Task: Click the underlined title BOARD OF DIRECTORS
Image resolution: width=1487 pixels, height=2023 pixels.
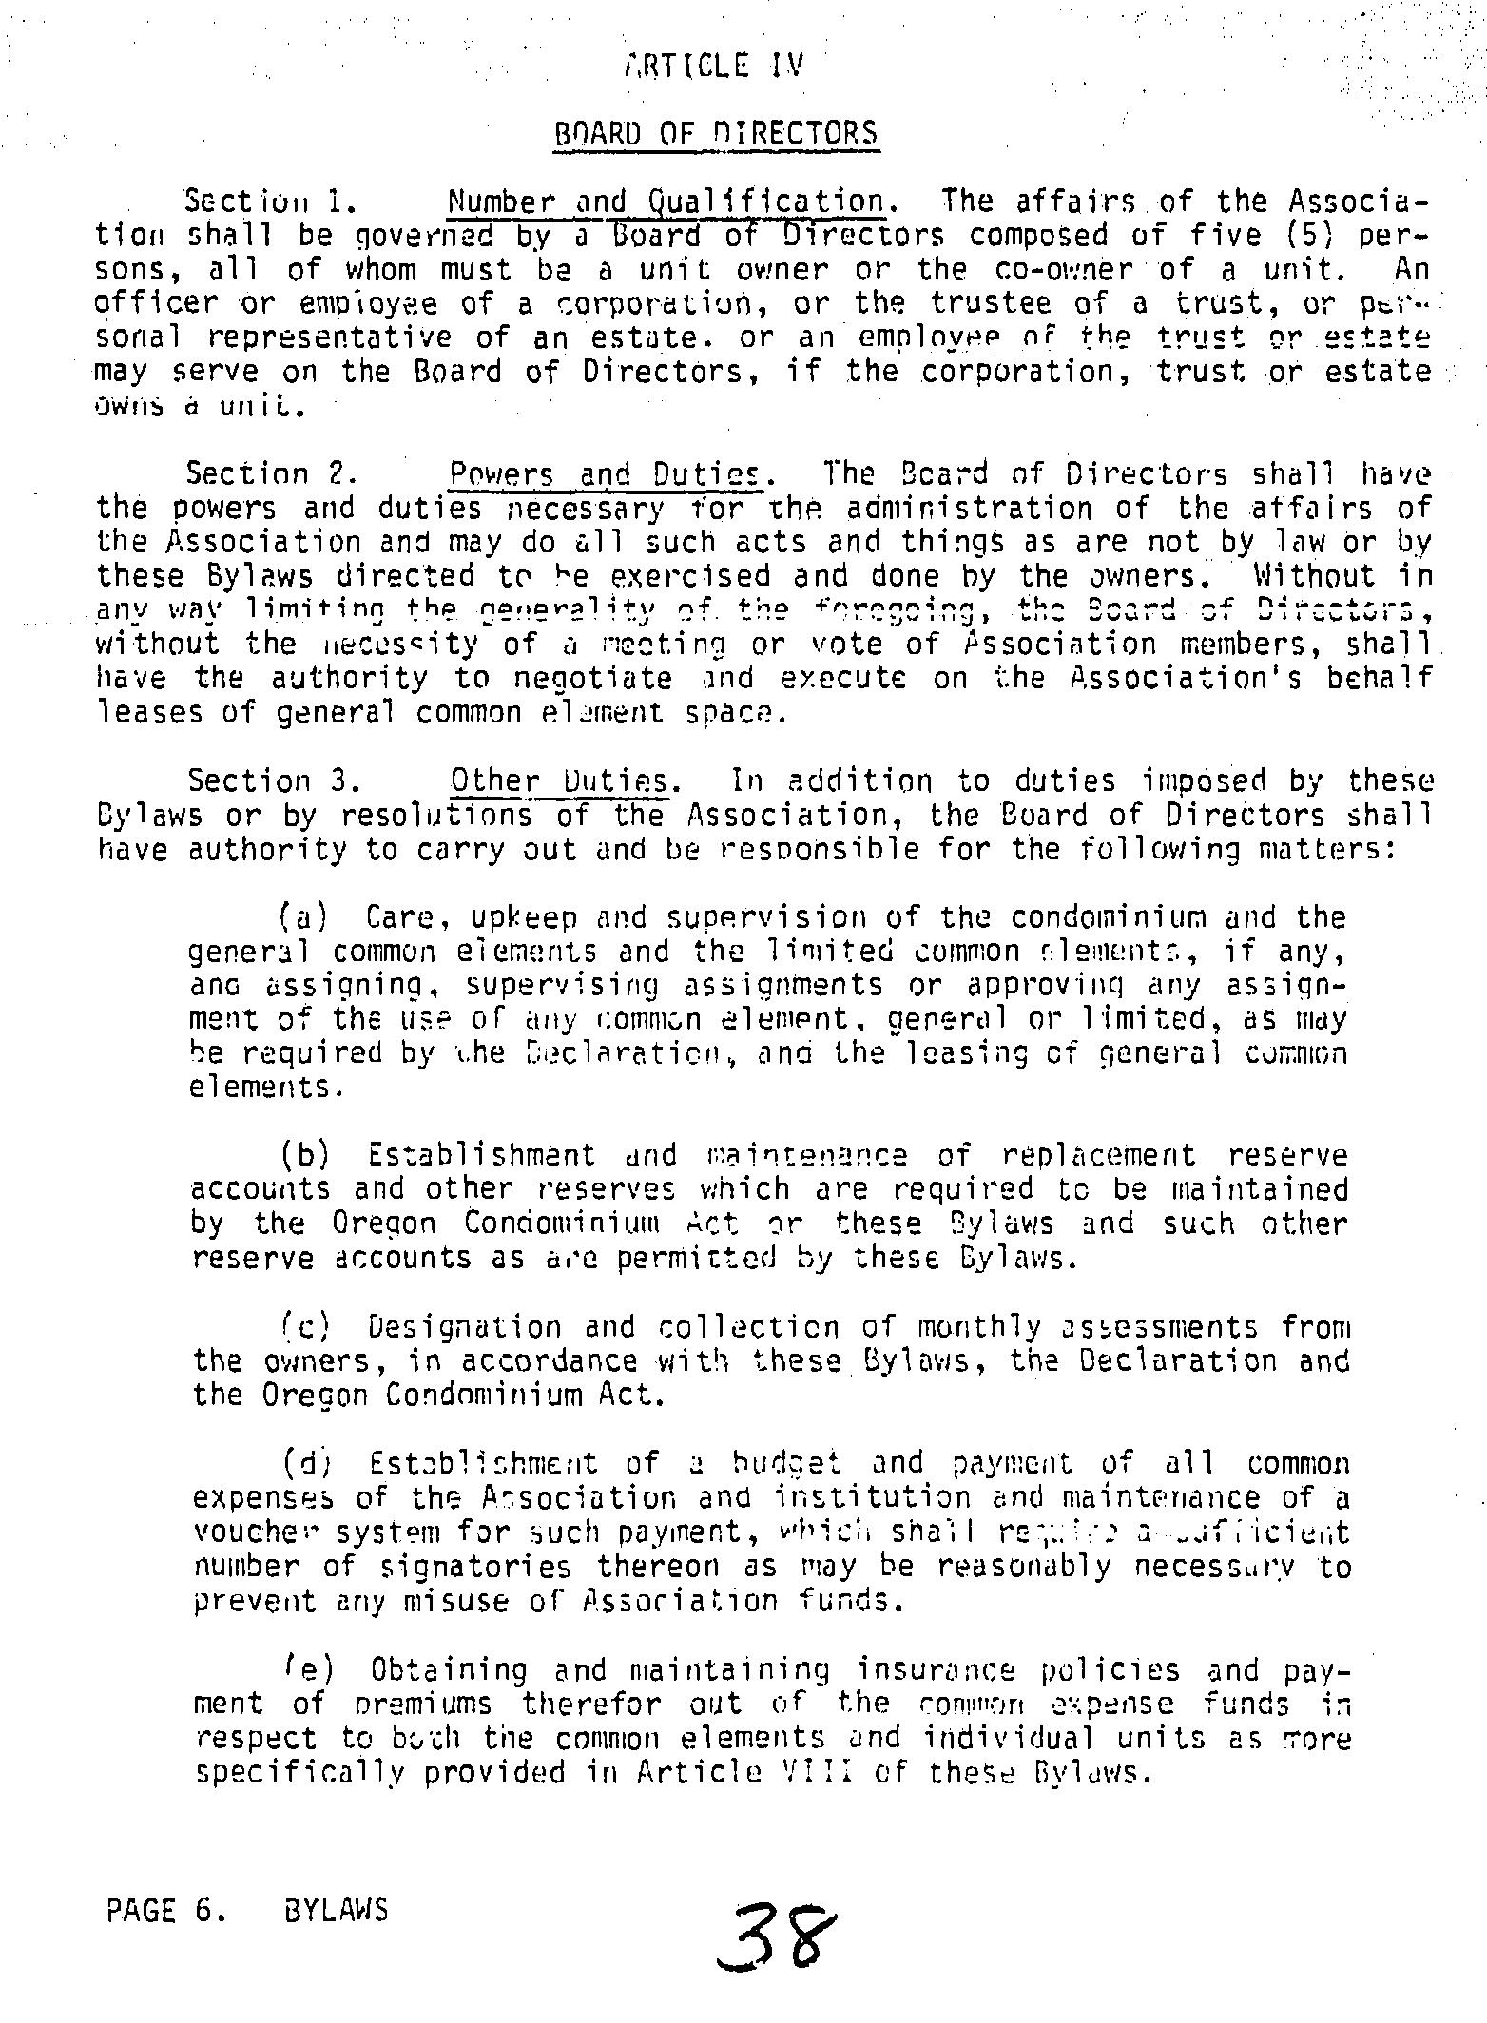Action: click(x=716, y=133)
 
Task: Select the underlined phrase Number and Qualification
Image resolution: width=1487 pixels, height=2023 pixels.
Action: click(x=669, y=202)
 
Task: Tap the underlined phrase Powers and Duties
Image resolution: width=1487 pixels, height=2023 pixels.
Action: click(x=606, y=473)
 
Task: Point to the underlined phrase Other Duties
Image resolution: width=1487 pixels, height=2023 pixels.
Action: click(x=565, y=781)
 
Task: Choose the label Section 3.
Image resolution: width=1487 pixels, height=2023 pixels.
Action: click(x=274, y=781)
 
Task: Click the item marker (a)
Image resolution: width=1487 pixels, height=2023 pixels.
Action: click(x=303, y=918)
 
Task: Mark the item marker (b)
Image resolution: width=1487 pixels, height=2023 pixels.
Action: click(x=304, y=1156)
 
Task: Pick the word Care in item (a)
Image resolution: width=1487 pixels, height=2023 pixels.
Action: click(x=399, y=918)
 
